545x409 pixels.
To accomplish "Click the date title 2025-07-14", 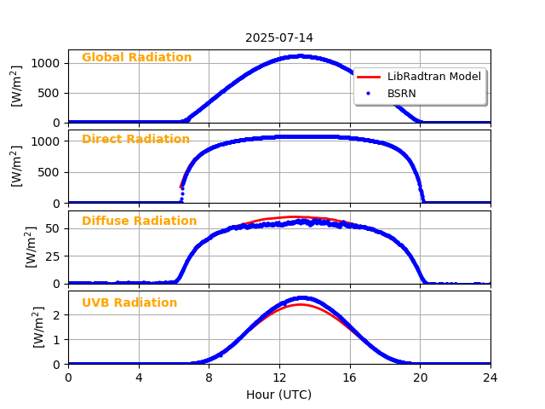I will click(279, 38).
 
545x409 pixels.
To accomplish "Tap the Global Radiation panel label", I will click(136, 58).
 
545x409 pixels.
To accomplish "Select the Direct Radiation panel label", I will click(135, 140).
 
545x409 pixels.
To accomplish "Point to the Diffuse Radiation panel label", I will click(139, 222).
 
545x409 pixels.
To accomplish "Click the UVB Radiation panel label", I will click(129, 303).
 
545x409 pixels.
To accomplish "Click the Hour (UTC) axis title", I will click(278, 395).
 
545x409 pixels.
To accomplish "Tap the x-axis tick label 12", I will click(279, 377).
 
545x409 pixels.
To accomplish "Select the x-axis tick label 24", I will click(490, 377).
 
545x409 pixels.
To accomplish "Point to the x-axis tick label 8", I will click(209, 377).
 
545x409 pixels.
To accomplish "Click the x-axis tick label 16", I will click(349, 377).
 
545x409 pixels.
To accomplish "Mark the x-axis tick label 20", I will click(420, 377).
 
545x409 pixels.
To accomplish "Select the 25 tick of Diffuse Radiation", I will click(53, 256).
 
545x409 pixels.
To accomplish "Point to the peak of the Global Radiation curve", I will click(299, 56).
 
